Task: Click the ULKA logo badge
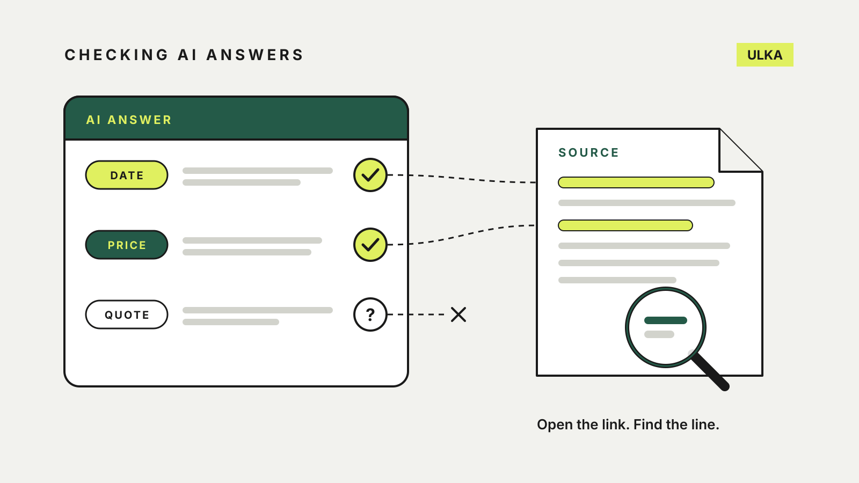point(765,55)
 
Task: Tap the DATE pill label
point(127,175)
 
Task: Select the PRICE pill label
point(127,245)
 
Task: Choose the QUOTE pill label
point(127,314)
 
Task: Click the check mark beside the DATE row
point(370,175)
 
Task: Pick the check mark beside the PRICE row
point(370,245)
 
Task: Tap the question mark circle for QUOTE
point(370,314)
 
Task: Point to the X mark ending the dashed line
point(458,314)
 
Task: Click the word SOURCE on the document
point(588,152)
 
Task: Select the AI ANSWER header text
point(129,120)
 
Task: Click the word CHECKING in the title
point(117,55)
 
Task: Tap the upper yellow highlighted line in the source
point(636,182)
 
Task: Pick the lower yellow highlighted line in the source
point(625,225)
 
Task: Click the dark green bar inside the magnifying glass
point(665,320)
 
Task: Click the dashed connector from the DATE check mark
point(462,178)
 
